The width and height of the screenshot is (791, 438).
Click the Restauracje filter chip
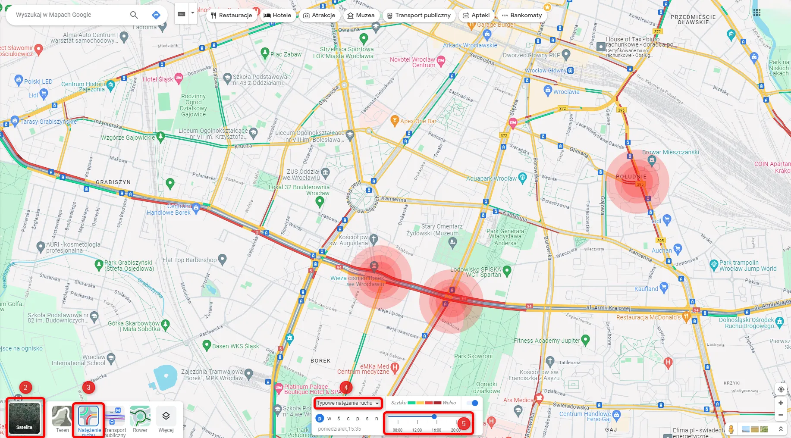coord(232,15)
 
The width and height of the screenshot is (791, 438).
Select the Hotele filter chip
coord(277,15)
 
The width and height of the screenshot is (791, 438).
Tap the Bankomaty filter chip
coord(522,15)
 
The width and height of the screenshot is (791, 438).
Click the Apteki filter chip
coord(476,15)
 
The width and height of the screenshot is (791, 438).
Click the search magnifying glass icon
coord(134,15)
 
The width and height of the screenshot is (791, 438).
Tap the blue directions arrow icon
coord(156,15)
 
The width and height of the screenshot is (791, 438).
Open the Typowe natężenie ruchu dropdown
coord(348,403)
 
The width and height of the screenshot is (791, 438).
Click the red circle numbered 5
coord(464,423)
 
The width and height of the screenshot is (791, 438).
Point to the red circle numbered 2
coord(25,387)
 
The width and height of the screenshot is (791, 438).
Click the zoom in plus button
coord(781,403)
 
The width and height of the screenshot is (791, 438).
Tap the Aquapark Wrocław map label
coord(491,178)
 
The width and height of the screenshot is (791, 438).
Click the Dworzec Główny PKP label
coord(531,55)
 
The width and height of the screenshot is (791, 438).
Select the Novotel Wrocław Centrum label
coord(412,63)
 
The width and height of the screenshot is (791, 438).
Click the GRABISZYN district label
coord(113,182)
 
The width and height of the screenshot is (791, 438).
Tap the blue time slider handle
coord(434,416)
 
